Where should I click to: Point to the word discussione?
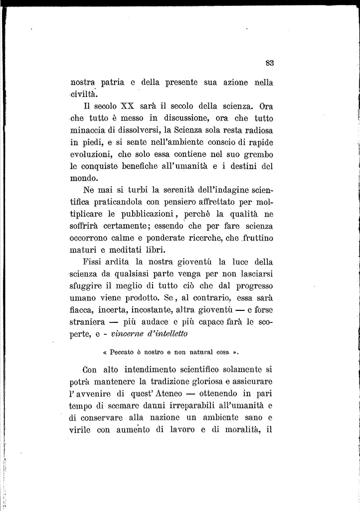click(177, 118)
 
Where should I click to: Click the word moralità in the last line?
click(239, 430)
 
